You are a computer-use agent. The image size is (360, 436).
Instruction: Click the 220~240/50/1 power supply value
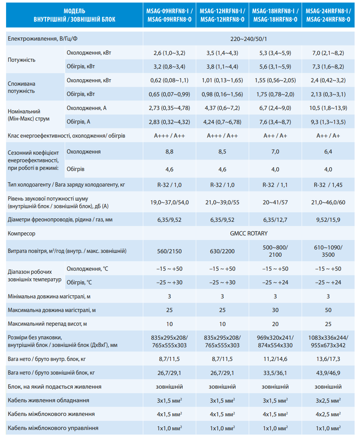249,39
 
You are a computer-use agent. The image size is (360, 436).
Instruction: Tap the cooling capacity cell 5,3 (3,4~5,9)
275,53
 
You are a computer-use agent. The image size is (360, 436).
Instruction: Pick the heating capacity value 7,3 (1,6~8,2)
328,66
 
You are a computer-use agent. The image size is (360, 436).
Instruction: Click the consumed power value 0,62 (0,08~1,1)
169,80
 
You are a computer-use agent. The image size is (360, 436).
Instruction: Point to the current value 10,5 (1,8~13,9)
328,108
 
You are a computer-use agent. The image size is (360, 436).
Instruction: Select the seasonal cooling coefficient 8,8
169,152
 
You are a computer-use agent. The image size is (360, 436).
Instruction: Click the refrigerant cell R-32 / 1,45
328,185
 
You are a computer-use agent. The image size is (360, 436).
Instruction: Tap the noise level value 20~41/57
275,202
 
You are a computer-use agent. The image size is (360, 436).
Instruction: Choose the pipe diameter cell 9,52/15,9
328,220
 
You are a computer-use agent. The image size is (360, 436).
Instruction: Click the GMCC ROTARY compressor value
249,234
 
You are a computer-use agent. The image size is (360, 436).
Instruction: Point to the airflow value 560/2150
169,251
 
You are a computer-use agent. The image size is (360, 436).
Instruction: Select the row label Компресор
22,234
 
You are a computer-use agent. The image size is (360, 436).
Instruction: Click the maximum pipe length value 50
328,310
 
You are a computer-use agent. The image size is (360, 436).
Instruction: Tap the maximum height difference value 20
275,324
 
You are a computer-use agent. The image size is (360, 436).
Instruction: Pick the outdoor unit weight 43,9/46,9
328,373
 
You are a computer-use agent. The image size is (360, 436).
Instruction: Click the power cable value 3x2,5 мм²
328,400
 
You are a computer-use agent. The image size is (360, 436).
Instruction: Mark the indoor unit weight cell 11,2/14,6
275,359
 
